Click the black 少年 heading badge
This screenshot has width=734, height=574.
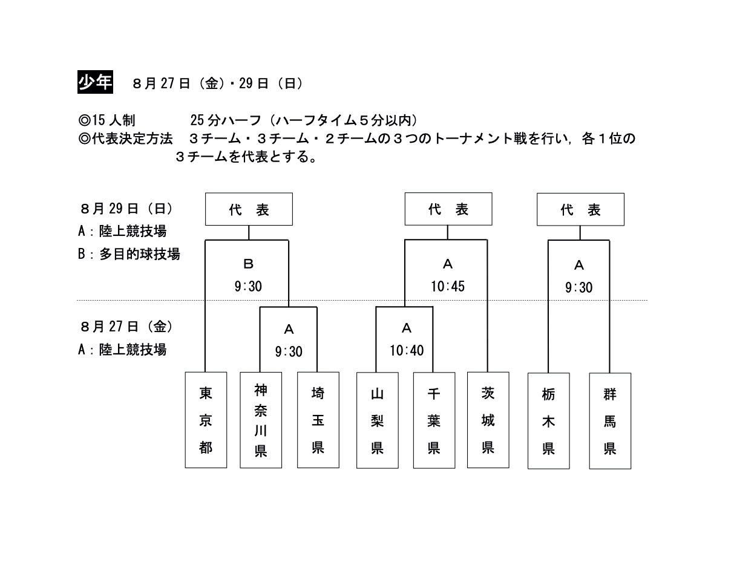click(95, 82)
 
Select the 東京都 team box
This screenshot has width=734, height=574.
click(206, 420)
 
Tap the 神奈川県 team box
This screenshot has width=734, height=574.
click(261, 420)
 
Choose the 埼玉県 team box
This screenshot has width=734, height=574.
click(318, 420)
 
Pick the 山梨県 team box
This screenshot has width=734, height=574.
click(378, 420)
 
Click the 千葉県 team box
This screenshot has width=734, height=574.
click(434, 420)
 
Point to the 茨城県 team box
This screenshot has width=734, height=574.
click(488, 420)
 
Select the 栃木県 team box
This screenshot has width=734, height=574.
click(549, 421)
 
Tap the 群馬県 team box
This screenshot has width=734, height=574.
click(610, 421)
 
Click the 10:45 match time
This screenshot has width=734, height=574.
click(448, 286)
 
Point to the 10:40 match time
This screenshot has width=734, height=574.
click(407, 350)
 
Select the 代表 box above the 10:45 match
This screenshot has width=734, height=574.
click(448, 209)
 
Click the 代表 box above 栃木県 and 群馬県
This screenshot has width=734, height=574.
click(580, 209)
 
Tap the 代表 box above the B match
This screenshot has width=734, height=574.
click(249, 209)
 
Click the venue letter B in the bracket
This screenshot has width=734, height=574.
click(248, 264)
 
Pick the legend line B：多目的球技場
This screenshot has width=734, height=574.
click(129, 254)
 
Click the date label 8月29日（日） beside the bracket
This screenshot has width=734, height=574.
click(126, 209)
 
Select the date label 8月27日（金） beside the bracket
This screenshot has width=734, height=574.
click(126, 327)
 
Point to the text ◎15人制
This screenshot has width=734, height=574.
click(106, 120)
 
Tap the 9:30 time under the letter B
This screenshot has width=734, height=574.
click(248, 286)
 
